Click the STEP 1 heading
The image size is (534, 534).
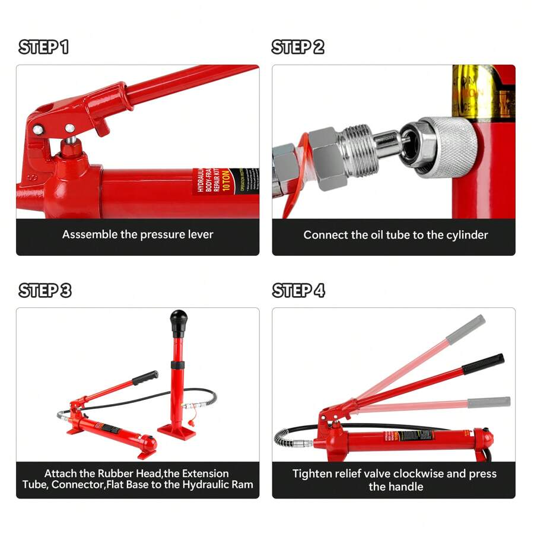point(44,47)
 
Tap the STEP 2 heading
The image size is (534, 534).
point(298,47)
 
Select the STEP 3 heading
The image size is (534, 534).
point(45,290)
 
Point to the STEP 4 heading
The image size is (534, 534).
point(298,290)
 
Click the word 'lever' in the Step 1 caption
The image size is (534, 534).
point(201,234)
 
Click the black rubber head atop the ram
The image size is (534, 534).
point(178,321)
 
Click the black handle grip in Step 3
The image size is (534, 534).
point(145,377)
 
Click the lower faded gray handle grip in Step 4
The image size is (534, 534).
point(489,402)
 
